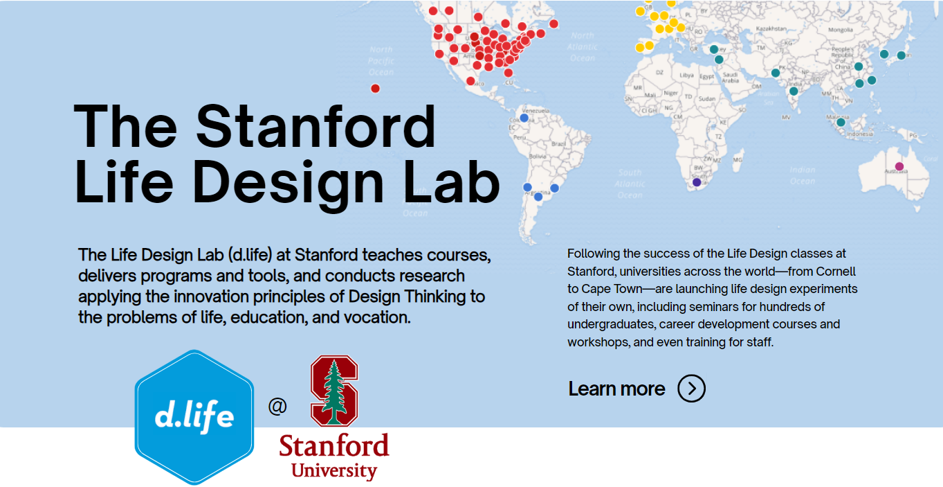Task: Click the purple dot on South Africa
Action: click(x=697, y=182)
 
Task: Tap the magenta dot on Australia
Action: click(x=899, y=166)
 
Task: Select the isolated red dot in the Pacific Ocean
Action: click(x=375, y=88)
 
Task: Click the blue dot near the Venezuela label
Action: click(x=524, y=118)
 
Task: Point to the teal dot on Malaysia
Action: click(x=841, y=122)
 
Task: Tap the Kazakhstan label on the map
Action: click(x=772, y=28)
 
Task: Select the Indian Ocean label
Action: click(x=803, y=175)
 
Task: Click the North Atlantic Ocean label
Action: click(x=583, y=46)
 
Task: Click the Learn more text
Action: click(x=616, y=389)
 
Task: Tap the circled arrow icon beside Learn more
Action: click(x=691, y=389)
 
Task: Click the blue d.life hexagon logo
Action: click(x=194, y=417)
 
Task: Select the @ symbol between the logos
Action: click(x=277, y=406)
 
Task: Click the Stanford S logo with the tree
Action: click(x=334, y=390)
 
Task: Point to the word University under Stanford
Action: click(x=334, y=471)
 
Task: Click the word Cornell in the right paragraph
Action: click(x=836, y=272)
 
